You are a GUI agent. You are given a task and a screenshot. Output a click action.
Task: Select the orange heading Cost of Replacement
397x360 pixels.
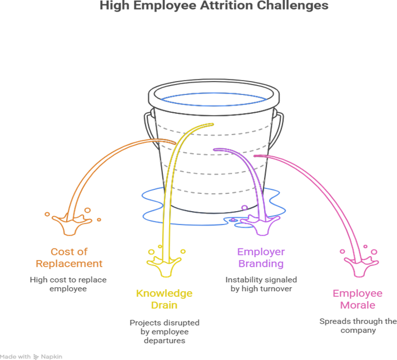pos(70,257)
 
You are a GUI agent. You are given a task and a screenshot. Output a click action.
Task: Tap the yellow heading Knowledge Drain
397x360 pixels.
pos(164,299)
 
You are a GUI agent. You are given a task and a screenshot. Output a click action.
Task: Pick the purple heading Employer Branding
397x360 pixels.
pos(260,257)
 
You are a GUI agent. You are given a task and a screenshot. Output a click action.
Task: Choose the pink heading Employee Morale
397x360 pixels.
pos(358,299)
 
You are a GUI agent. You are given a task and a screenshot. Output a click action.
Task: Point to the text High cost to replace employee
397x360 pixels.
pos(68,284)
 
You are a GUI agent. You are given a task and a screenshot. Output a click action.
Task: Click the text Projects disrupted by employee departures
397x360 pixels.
pos(164,331)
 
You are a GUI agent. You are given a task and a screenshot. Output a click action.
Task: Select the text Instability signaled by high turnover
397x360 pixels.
pos(260,284)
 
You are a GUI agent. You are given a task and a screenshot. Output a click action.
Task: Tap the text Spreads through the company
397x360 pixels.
pos(358,326)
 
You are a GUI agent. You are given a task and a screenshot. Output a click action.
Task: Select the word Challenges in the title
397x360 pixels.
pos(296,6)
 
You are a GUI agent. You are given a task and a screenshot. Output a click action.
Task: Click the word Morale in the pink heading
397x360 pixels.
pos(358,305)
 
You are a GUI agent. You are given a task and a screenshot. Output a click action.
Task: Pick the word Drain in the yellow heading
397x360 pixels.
pos(164,305)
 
